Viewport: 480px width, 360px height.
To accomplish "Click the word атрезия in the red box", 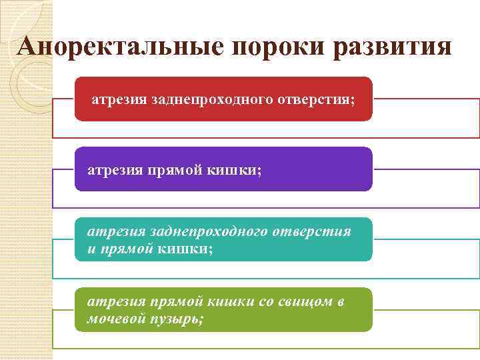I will click(x=119, y=100).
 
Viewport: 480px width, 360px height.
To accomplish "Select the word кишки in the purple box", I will click(x=237, y=170).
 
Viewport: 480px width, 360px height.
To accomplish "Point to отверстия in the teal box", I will click(x=313, y=232).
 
